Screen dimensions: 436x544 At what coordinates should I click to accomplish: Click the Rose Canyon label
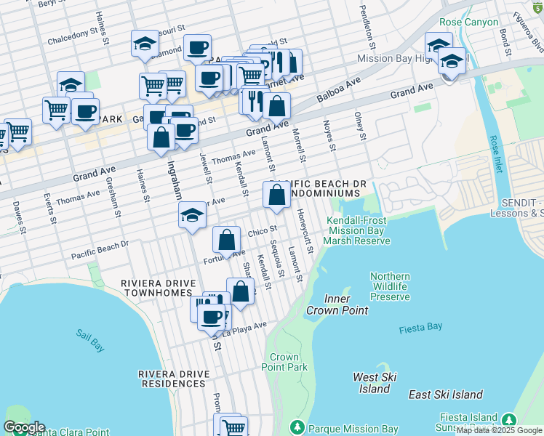[468, 23]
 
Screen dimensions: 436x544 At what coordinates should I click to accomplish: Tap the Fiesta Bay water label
[420, 328]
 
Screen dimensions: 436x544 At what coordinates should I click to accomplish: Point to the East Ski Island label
[446, 395]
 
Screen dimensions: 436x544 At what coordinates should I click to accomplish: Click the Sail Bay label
[91, 340]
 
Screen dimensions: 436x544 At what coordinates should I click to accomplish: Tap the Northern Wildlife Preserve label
[390, 286]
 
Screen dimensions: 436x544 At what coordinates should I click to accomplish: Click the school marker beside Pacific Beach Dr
[192, 214]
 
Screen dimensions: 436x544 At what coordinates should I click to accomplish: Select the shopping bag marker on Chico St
[227, 240]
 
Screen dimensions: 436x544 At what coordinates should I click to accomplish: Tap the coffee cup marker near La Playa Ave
[212, 317]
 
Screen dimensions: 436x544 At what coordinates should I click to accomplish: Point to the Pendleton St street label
[366, 23]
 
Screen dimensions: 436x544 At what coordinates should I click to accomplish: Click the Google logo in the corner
[24, 427]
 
